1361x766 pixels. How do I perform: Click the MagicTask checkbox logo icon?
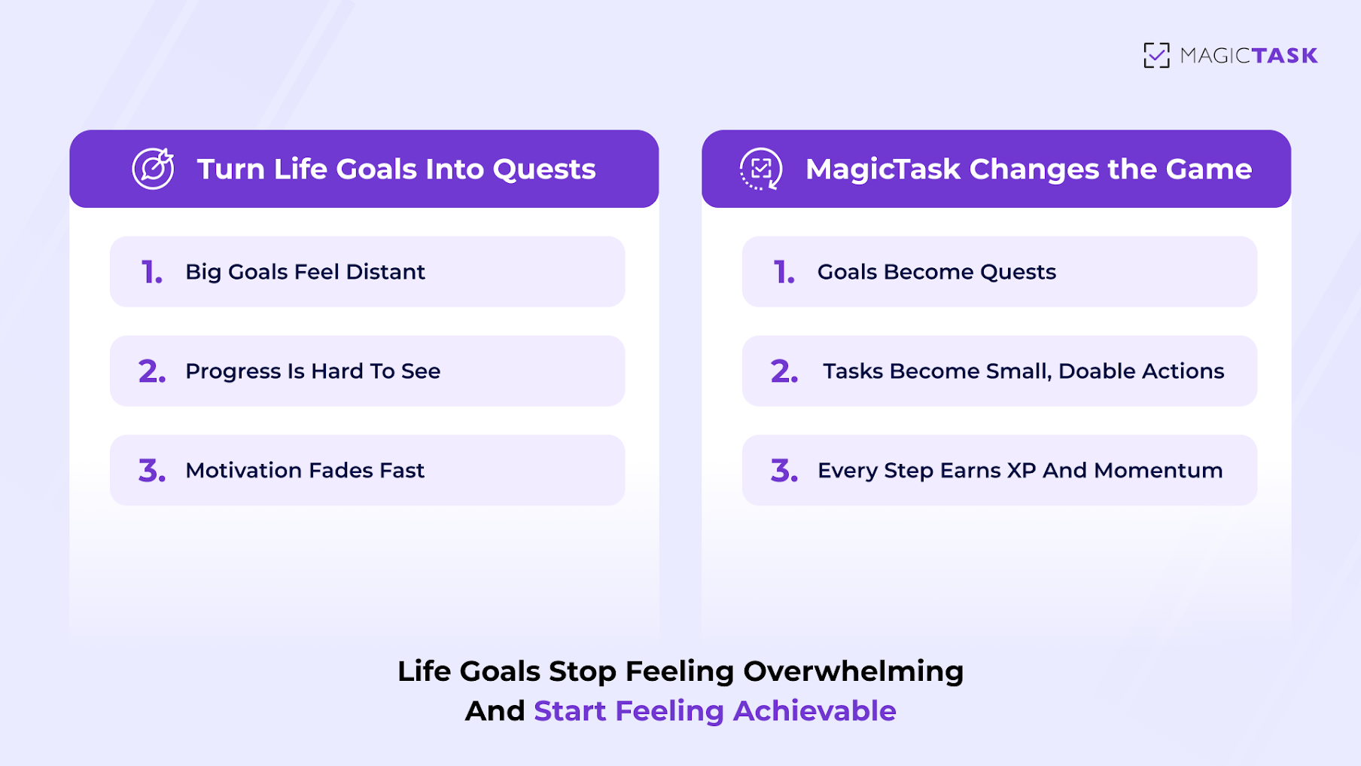click(1156, 55)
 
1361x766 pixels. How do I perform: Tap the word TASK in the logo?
click(1284, 56)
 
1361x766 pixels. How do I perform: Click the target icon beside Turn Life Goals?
click(154, 169)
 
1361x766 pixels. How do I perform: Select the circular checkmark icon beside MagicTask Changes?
click(761, 169)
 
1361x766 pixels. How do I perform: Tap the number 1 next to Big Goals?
click(151, 272)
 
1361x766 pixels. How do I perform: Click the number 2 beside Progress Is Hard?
click(151, 371)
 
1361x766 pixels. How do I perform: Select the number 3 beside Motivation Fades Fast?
click(151, 471)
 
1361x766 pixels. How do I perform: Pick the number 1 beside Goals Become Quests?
click(784, 272)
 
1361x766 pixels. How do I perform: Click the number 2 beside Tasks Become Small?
click(784, 371)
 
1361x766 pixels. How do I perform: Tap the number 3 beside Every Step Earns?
click(784, 471)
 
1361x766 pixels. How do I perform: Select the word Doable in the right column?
click(1096, 371)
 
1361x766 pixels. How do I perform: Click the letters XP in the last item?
click(1022, 471)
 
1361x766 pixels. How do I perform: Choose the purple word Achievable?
click(814, 711)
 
